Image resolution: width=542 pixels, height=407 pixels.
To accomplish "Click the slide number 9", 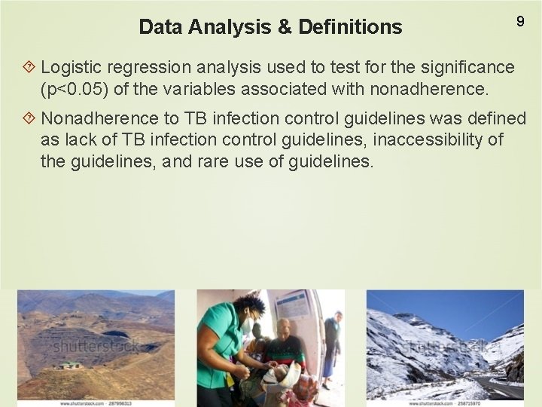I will click(519, 22).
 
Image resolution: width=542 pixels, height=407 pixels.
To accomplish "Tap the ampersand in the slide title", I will click(284, 28).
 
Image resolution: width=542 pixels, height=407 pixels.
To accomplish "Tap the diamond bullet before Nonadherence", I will click(30, 119).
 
